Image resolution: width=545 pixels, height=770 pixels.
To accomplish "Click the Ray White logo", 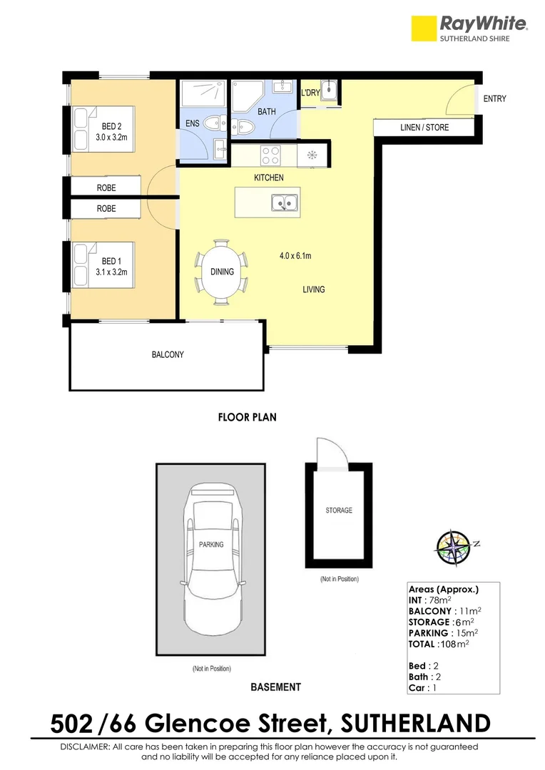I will click(x=470, y=28).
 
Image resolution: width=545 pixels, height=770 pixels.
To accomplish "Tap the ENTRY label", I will click(x=494, y=99).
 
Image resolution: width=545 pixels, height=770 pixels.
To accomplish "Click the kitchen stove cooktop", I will click(x=272, y=154).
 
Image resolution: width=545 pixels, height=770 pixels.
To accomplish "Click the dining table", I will click(x=222, y=272).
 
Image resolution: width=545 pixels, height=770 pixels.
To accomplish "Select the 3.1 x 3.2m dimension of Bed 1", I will click(x=111, y=272).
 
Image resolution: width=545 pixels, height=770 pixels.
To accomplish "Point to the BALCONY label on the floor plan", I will click(x=168, y=354).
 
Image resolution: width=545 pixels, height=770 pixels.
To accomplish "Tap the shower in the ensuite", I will click(x=203, y=94).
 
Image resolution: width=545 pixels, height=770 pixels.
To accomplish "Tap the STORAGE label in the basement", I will click(x=339, y=510).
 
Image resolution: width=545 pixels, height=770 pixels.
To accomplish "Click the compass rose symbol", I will click(x=454, y=545).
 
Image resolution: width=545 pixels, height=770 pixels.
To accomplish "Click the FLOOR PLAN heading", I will click(x=247, y=418).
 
